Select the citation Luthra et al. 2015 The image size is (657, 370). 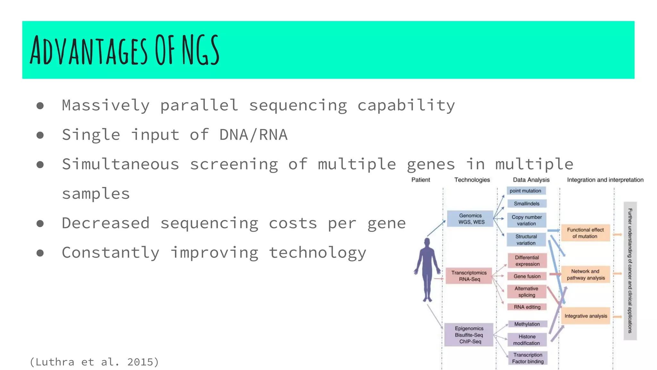click(94, 362)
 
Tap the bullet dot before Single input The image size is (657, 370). click(40, 135)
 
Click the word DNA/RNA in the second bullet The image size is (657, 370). click(253, 135)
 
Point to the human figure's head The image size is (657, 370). click(427, 242)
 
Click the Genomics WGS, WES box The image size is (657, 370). click(470, 219)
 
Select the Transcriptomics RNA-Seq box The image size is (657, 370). click(469, 276)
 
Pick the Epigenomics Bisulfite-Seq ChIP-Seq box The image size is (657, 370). click(469, 335)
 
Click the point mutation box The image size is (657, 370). click(526, 191)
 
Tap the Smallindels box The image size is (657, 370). click(526, 204)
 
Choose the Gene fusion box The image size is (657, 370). click(527, 276)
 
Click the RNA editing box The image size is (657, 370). click(527, 307)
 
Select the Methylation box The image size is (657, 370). click(527, 324)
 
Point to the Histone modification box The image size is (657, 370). click(527, 340)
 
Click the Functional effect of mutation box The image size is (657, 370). click(585, 233)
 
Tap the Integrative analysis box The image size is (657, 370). click(585, 316)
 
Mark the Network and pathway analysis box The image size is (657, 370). click(585, 275)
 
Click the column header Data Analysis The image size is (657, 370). click(531, 180)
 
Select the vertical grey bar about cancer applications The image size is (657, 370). click(630, 271)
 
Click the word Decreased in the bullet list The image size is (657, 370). click(106, 223)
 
